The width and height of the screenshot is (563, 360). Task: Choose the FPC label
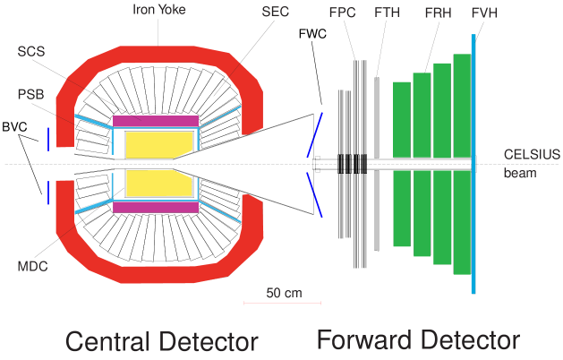pos(340,13)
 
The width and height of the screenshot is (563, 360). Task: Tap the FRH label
pos(438,13)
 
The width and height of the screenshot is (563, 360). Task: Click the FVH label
pos(484,13)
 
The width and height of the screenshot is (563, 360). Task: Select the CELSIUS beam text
pos(520,163)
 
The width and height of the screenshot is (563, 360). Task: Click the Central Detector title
pos(162,341)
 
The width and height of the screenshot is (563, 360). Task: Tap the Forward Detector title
pos(417,340)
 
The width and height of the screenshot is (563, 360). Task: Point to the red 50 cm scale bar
pos(282,304)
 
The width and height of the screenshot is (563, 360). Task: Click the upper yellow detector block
pos(159,143)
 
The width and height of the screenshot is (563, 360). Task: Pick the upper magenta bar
pos(156,121)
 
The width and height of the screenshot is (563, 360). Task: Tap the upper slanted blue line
pos(314,135)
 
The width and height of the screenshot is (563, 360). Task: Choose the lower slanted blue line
pos(314,194)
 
